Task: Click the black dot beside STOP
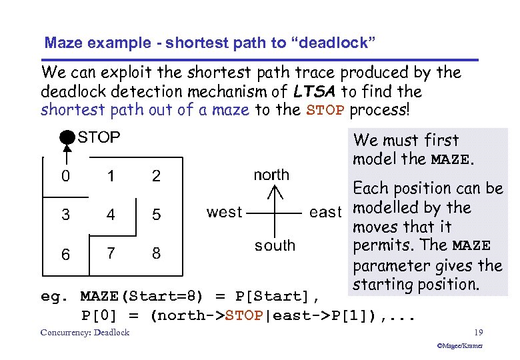coord(66,138)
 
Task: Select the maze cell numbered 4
coord(110,215)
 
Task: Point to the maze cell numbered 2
coord(156,177)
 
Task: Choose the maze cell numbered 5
coord(156,215)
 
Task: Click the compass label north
coord(271,175)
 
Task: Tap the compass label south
coord(275,245)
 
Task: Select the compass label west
coord(224,212)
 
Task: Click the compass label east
coord(325,212)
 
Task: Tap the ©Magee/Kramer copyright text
coord(459,346)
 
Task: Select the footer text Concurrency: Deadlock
coord(85,333)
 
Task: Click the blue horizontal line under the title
coord(260,60)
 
